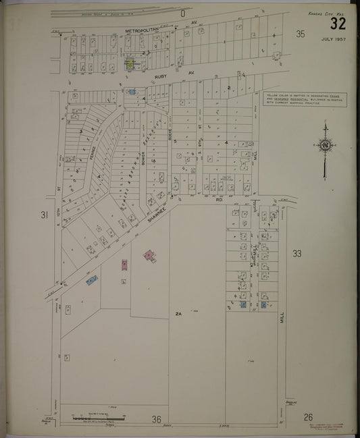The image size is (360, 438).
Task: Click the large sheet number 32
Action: (338, 25)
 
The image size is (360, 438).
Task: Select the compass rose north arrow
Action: (325, 144)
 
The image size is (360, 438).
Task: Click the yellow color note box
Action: (303, 99)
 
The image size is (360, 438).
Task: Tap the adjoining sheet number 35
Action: (301, 34)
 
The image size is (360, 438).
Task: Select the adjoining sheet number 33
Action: (298, 253)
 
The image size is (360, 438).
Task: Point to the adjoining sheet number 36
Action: (157, 419)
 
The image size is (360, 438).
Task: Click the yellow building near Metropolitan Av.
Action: (129, 64)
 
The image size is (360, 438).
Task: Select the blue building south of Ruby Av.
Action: (132, 92)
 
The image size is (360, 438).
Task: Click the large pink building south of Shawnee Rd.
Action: (149, 256)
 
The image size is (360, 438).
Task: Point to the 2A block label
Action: (179, 314)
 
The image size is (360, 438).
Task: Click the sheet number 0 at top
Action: (182, 13)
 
